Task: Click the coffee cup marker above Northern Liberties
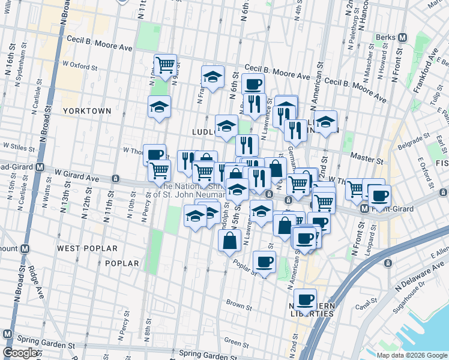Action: (306, 298)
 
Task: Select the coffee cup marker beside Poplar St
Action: (264, 261)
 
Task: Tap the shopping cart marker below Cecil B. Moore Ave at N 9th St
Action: (165, 64)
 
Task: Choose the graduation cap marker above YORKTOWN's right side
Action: (159, 107)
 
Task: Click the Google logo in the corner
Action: (20, 352)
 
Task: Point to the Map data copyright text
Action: (411, 355)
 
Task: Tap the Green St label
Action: (232, 341)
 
